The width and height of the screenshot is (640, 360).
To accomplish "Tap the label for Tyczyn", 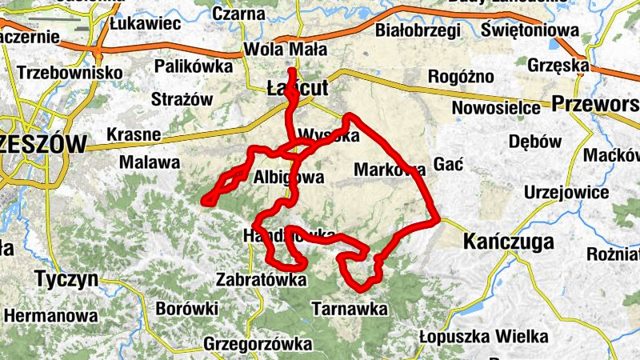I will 66,279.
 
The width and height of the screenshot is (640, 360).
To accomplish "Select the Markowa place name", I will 387,169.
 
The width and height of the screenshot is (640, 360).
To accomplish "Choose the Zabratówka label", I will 262,280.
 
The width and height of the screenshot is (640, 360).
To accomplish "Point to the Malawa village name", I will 149,162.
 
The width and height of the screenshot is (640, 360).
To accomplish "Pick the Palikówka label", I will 193,66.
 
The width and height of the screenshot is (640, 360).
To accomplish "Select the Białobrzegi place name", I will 418,31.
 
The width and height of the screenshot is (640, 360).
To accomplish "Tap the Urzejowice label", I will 566,193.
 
